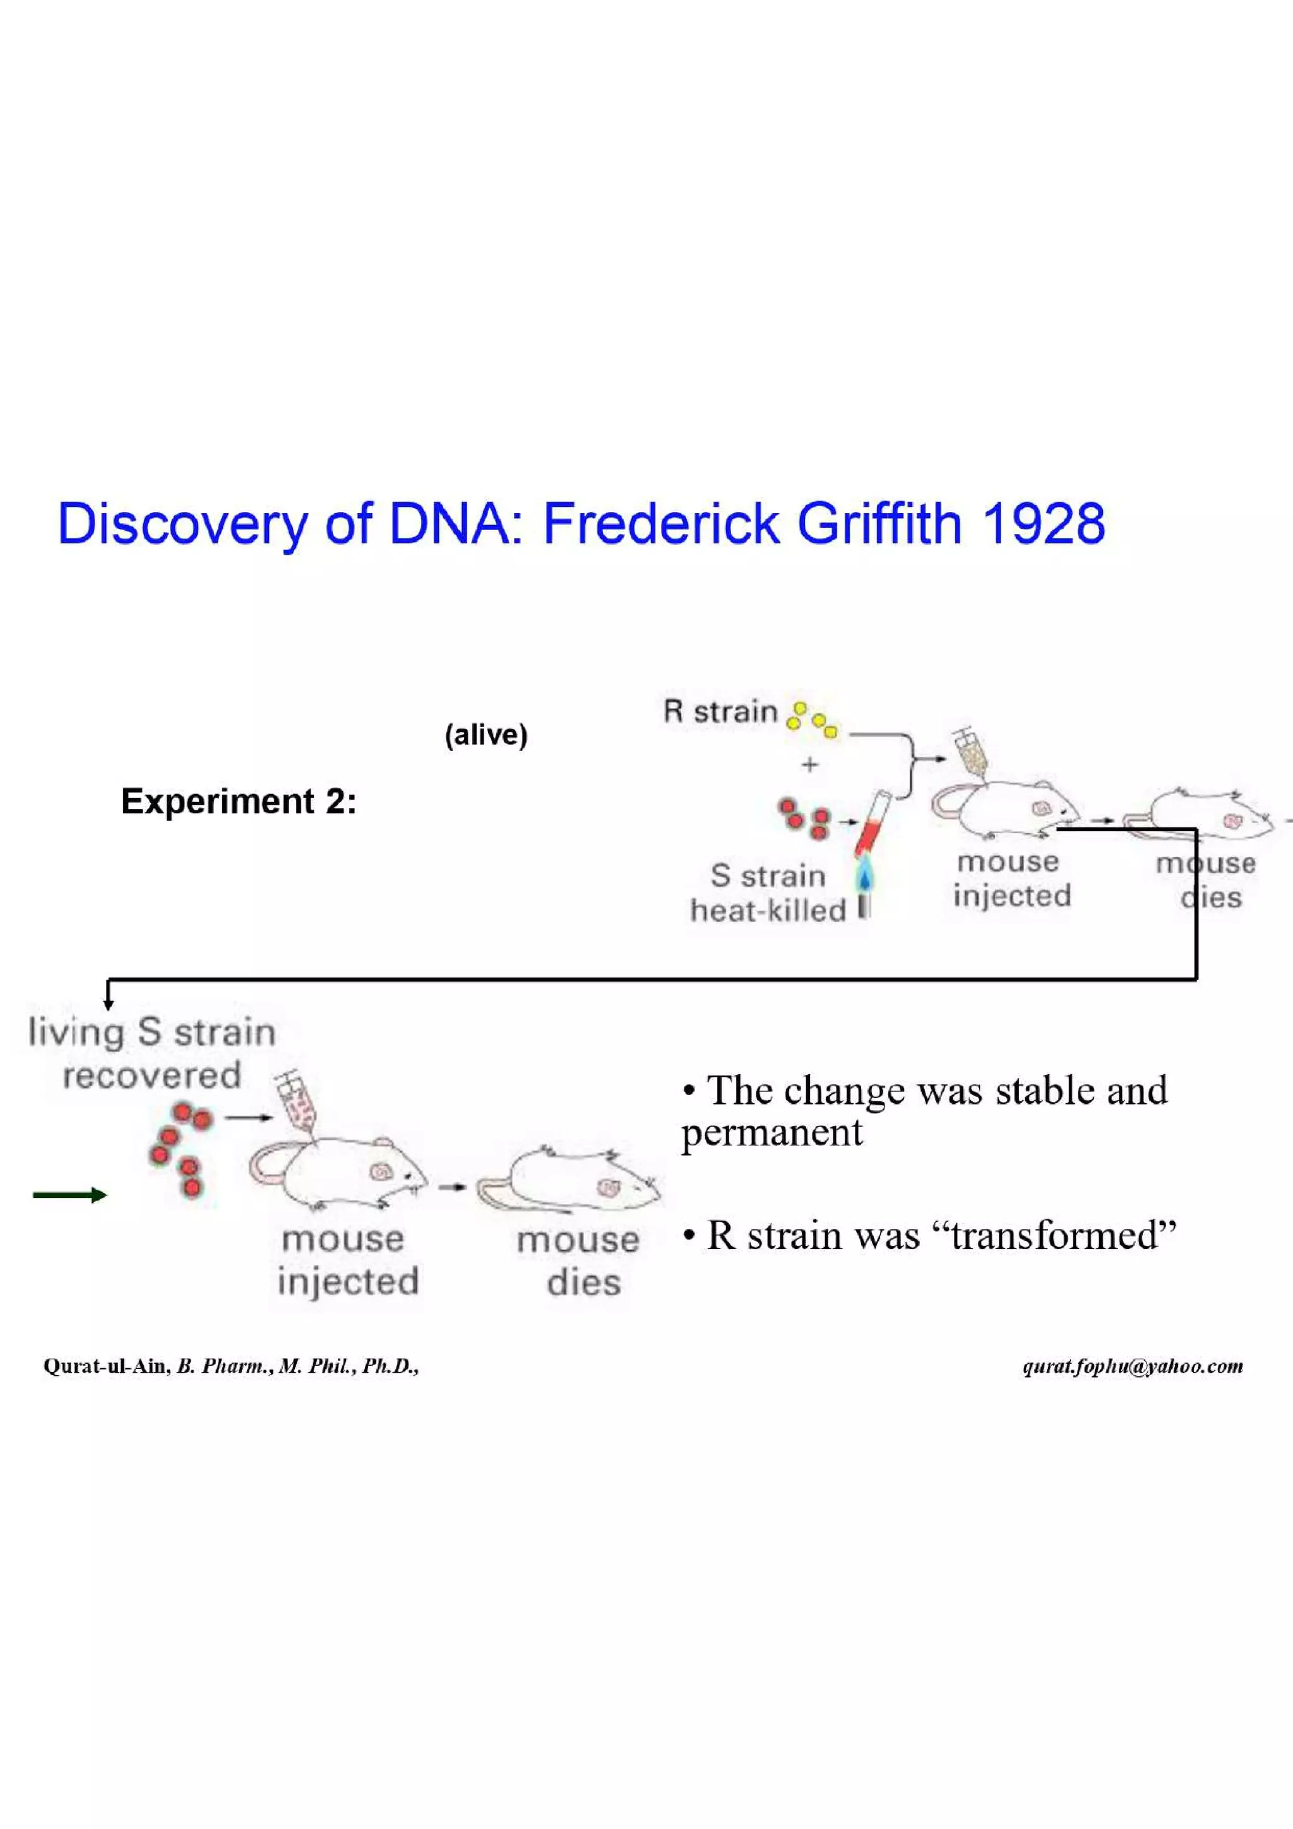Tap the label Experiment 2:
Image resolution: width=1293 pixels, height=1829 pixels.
pos(238,802)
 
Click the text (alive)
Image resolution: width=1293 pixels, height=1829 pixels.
pos(486,735)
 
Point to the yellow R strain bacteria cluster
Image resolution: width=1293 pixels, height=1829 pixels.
pos(811,719)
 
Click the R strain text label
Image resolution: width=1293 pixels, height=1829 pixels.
pos(719,711)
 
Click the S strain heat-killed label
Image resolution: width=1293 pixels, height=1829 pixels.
pos(768,893)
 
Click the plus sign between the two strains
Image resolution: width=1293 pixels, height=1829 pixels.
pos(810,765)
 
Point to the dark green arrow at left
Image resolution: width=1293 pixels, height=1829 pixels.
pos(69,1195)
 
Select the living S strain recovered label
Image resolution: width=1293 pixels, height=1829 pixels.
pos(152,1054)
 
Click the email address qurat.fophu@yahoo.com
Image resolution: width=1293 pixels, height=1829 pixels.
pos(1132,1367)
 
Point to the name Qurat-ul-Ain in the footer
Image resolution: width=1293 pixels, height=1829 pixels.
pos(106,1367)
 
